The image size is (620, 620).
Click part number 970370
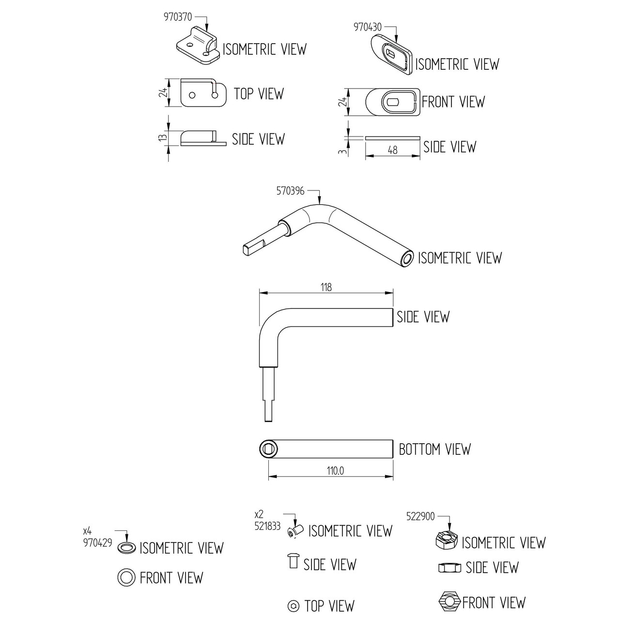pos(178,17)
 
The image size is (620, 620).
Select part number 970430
pos(368,27)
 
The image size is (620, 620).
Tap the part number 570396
pos(290,191)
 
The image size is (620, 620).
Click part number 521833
pos(267,526)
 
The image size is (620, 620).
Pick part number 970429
pos(97,543)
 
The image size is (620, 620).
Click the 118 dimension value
pos(326,287)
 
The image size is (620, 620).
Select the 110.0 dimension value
pos(335,471)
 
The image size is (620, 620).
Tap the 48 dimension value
pos(392,150)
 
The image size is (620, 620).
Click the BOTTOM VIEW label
pos(434,449)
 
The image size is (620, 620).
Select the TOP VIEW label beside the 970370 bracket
pos(259,94)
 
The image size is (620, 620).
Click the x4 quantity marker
pos(87,531)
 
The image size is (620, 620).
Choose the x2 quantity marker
pos(259,514)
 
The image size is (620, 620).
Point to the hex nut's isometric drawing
pos(446,540)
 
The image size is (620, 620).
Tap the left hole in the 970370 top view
pos(192,95)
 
